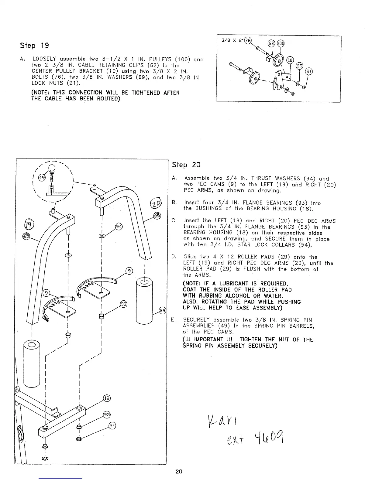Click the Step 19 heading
click(34, 46)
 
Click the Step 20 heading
click(186, 165)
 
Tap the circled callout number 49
click(42, 178)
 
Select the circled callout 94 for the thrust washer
click(119, 227)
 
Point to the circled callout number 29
click(163, 310)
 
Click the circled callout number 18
click(107, 398)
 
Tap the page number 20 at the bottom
click(179, 471)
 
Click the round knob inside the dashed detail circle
click(52, 168)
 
